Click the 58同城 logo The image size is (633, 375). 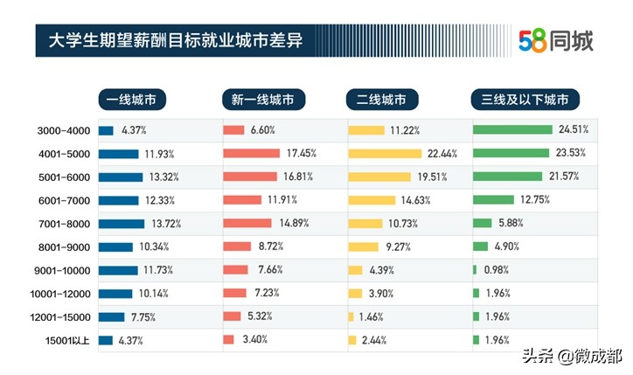pyautogui.click(x=555, y=39)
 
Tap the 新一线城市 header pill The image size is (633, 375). pyautogui.click(x=262, y=99)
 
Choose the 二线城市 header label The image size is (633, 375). pyautogui.click(x=382, y=99)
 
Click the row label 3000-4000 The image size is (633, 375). pyautogui.click(x=64, y=130)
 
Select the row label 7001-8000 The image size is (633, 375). pyautogui.click(x=64, y=223)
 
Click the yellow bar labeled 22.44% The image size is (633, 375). pyautogui.click(x=385, y=154)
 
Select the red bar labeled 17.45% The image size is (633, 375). pyautogui.click(x=251, y=154)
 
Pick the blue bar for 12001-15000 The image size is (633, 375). pyautogui.click(x=111, y=316)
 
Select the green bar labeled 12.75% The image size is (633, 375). pyautogui.click(x=493, y=200)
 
